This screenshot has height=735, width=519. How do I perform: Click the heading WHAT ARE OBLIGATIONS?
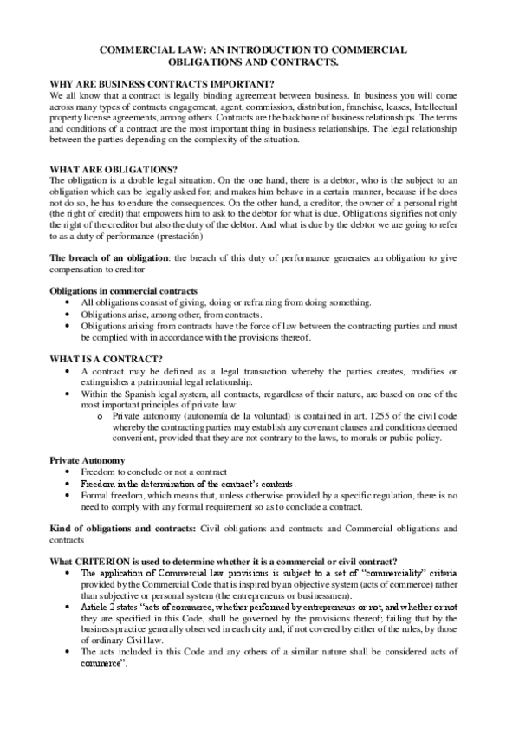pos(102,168)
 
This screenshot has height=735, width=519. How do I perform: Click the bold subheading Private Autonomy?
pos(88,459)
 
